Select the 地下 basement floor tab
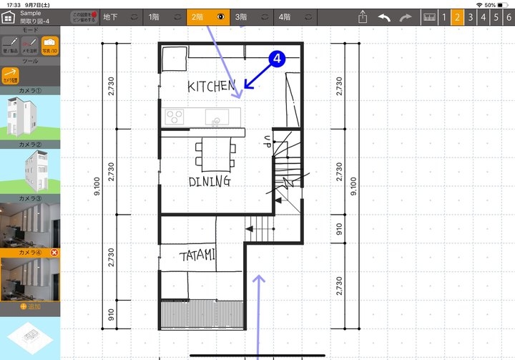pyautogui.click(x=110, y=16)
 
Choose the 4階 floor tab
pyautogui.click(x=285, y=16)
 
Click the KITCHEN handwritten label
pyautogui.click(x=211, y=87)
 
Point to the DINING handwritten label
pyautogui.click(x=210, y=181)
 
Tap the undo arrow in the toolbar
pyautogui.click(x=384, y=16)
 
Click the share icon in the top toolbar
pyautogui.click(x=363, y=16)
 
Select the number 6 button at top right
pyautogui.click(x=509, y=16)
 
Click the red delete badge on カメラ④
pyautogui.click(x=56, y=253)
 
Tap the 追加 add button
pyautogui.click(x=29, y=306)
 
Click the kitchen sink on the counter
pyautogui.click(x=215, y=117)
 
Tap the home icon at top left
pyautogui.click(x=10, y=16)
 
